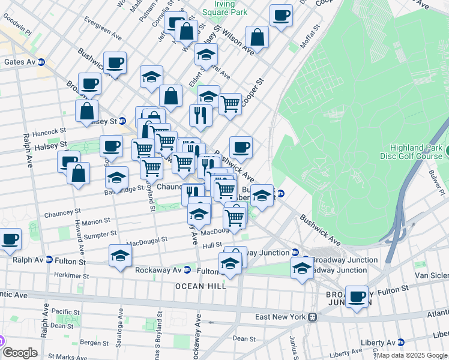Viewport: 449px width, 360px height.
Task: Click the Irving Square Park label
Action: [224, 7]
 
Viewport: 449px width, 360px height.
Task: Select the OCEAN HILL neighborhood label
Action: [200, 286]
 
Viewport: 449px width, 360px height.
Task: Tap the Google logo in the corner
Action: [20, 353]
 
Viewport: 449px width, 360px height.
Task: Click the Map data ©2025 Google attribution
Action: [412, 356]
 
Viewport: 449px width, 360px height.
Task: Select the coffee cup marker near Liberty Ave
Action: [357, 296]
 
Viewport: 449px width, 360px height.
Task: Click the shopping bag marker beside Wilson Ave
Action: [257, 37]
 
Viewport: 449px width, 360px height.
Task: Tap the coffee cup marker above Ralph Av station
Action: [10, 239]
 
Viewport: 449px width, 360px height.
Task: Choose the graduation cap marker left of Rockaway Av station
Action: [120, 256]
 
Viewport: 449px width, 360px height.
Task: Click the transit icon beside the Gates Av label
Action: [42, 62]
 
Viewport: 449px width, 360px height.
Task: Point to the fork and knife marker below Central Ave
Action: [200, 115]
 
